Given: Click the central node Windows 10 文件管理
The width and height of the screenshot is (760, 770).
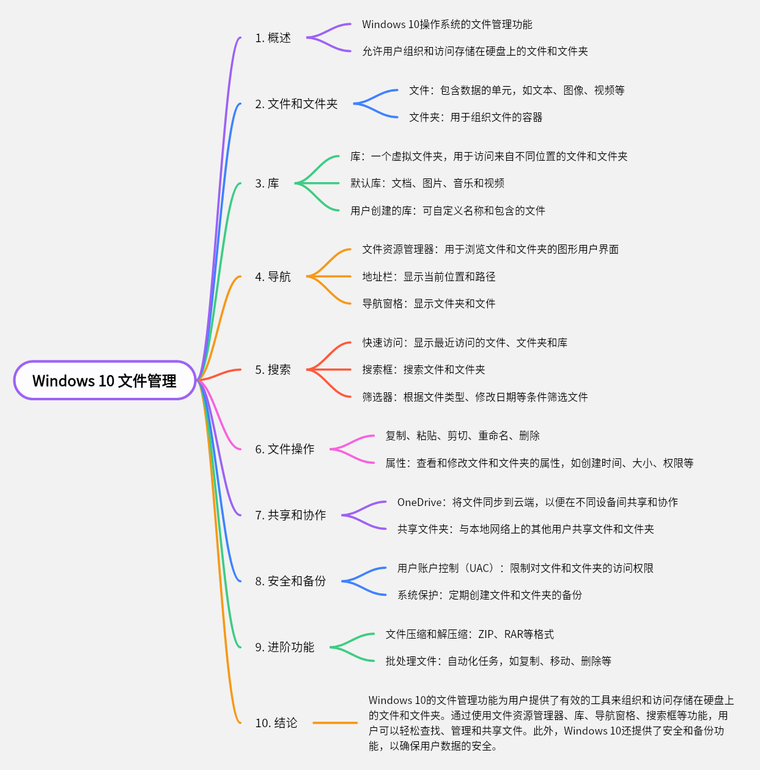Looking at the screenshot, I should pyautogui.click(x=105, y=381).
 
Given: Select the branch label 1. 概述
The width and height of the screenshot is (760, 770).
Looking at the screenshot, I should pyautogui.click(x=273, y=38).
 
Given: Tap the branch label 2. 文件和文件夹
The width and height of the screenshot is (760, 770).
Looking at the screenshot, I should pyautogui.click(x=296, y=104).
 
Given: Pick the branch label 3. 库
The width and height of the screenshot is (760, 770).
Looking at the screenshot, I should pyautogui.click(x=267, y=183).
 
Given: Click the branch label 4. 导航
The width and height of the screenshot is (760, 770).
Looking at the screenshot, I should pyautogui.click(x=273, y=277).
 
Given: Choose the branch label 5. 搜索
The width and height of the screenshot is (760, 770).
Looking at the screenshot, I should pyautogui.click(x=273, y=370).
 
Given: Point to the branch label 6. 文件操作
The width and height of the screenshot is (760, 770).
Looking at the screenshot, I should pyautogui.click(x=284, y=449).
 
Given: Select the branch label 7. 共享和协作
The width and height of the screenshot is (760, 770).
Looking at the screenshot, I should pyautogui.click(x=290, y=515).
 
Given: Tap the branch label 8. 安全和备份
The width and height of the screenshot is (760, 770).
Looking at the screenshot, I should pyautogui.click(x=290, y=581).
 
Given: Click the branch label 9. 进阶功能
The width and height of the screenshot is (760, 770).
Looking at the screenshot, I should pyautogui.click(x=284, y=647).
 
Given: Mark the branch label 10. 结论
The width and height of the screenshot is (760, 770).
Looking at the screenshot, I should pyautogui.click(x=276, y=723).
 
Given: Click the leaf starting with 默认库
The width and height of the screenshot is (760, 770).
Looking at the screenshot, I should pyautogui.click(x=427, y=183).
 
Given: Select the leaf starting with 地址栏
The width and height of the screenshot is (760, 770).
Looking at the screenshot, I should pyautogui.click(x=429, y=277).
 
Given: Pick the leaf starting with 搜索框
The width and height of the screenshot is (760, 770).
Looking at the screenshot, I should pyautogui.click(x=423, y=370).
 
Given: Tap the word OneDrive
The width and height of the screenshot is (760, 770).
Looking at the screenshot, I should pyautogui.click(x=419, y=502).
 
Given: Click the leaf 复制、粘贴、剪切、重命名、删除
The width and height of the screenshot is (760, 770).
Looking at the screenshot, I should pyautogui.click(x=462, y=436).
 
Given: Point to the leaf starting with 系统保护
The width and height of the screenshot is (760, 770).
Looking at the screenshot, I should pyautogui.click(x=489, y=595).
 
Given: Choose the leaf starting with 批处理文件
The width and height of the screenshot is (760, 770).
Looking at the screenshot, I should pyautogui.click(x=498, y=661).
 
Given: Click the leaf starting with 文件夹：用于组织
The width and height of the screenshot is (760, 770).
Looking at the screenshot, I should pyautogui.click(x=476, y=117).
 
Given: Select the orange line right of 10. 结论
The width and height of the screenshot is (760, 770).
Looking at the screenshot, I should pyautogui.click(x=335, y=723).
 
